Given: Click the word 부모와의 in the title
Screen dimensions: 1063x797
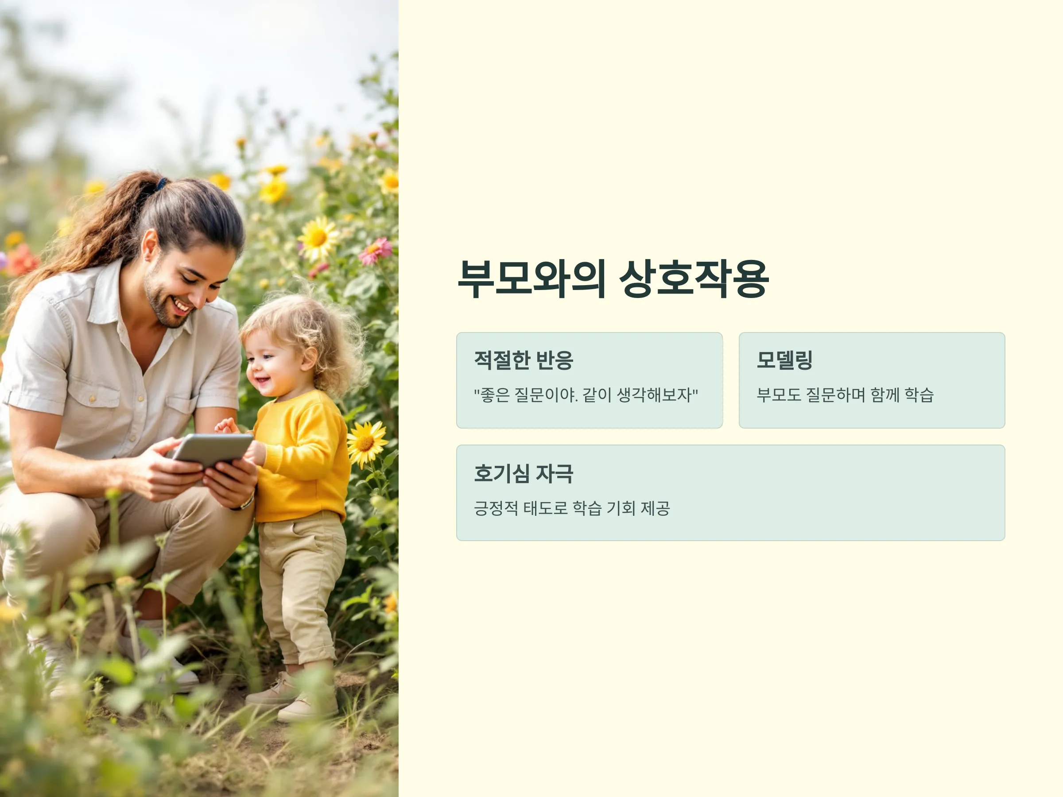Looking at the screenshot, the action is pos(531,279).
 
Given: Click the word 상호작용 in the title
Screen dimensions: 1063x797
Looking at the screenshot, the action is pos(694,279).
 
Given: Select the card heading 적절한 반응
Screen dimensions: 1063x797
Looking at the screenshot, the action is pos(524,360).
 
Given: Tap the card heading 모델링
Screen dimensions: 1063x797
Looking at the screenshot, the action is pos(784,360).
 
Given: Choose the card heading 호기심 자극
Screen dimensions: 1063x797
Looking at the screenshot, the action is pos(524,473).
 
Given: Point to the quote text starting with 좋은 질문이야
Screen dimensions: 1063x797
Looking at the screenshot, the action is pos(586,395).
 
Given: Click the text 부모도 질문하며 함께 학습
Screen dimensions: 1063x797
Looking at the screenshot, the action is pos(845,395).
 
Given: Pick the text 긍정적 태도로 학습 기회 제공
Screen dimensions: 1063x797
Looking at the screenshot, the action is pos(572,508).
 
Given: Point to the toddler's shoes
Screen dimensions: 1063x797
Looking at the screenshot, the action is pos(293,696).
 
